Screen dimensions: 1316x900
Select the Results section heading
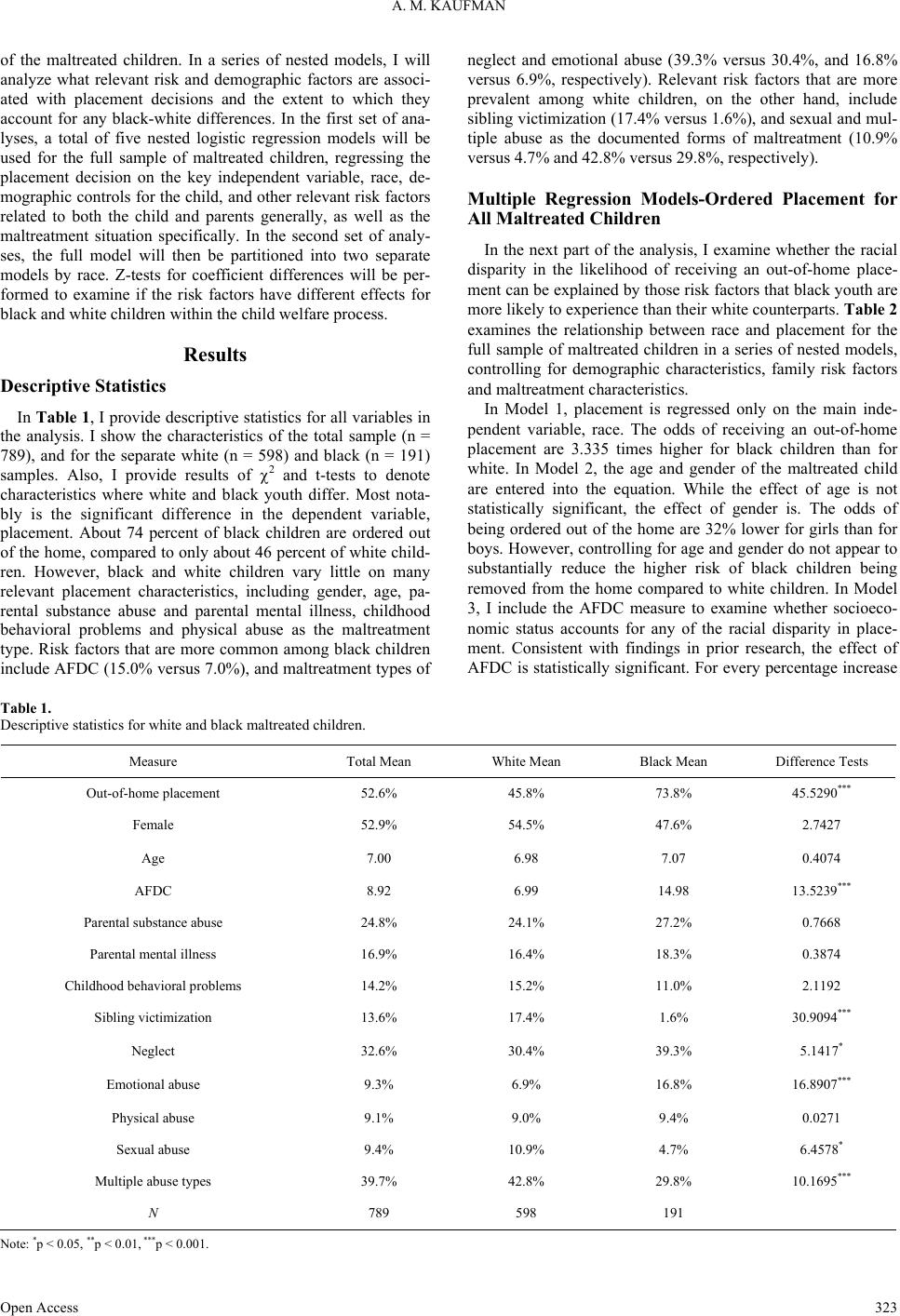pyautogui.click(x=215, y=355)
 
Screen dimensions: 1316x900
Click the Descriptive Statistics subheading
pyautogui.click(x=84, y=386)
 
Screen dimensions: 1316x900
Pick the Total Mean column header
pyautogui.click(x=379, y=761)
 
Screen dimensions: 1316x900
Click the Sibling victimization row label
pyautogui.click(x=153, y=1018)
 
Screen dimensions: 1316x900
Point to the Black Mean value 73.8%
pyautogui.click(x=673, y=794)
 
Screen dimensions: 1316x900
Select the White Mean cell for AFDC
pyautogui.click(x=526, y=891)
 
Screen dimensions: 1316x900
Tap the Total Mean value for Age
pyautogui.click(x=379, y=858)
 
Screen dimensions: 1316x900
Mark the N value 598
pyautogui.click(x=526, y=1213)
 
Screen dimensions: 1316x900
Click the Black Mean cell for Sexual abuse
pyautogui.click(x=673, y=1149)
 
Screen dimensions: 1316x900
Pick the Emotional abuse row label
pyautogui.click(x=153, y=1084)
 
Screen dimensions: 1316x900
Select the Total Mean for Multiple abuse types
pyautogui.click(x=379, y=1181)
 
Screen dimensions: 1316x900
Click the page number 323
pyautogui.click(x=885, y=1307)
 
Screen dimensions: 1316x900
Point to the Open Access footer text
pyautogui.click(x=40, y=1307)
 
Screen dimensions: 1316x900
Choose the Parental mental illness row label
pyautogui.click(x=153, y=954)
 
